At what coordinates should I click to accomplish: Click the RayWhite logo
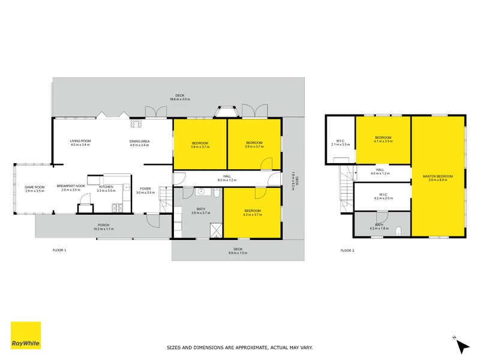pyautogui.click(x=26, y=335)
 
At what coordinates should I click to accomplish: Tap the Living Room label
pyautogui.click(x=80, y=143)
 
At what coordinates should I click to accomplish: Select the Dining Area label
pyautogui.click(x=139, y=143)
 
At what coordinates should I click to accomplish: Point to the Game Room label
pyautogui.click(x=35, y=189)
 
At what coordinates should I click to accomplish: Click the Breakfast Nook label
pyautogui.click(x=70, y=189)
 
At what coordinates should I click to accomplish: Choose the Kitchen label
pyautogui.click(x=106, y=189)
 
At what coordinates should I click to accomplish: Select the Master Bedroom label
pyautogui.click(x=437, y=178)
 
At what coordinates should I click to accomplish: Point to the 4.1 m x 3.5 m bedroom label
pyautogui.click(x=383, y=139)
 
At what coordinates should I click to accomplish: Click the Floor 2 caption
pyautogui.click(x=347, y=250)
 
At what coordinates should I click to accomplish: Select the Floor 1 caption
pyautogui.click(x=59, y=250)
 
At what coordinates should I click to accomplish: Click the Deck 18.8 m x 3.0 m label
pyautogui.click(x=179, y=97)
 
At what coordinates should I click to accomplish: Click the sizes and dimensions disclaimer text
pyautogui.click(x=239, y=347)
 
